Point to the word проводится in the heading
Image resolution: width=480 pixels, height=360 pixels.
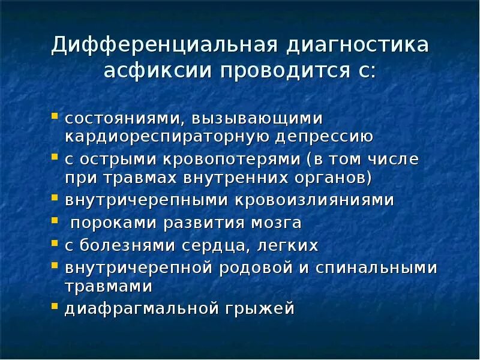[x=282, y=72]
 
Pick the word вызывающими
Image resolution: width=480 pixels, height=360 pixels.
[x=259, y=118]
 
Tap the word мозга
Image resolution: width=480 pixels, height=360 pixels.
[x=274, y=223]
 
